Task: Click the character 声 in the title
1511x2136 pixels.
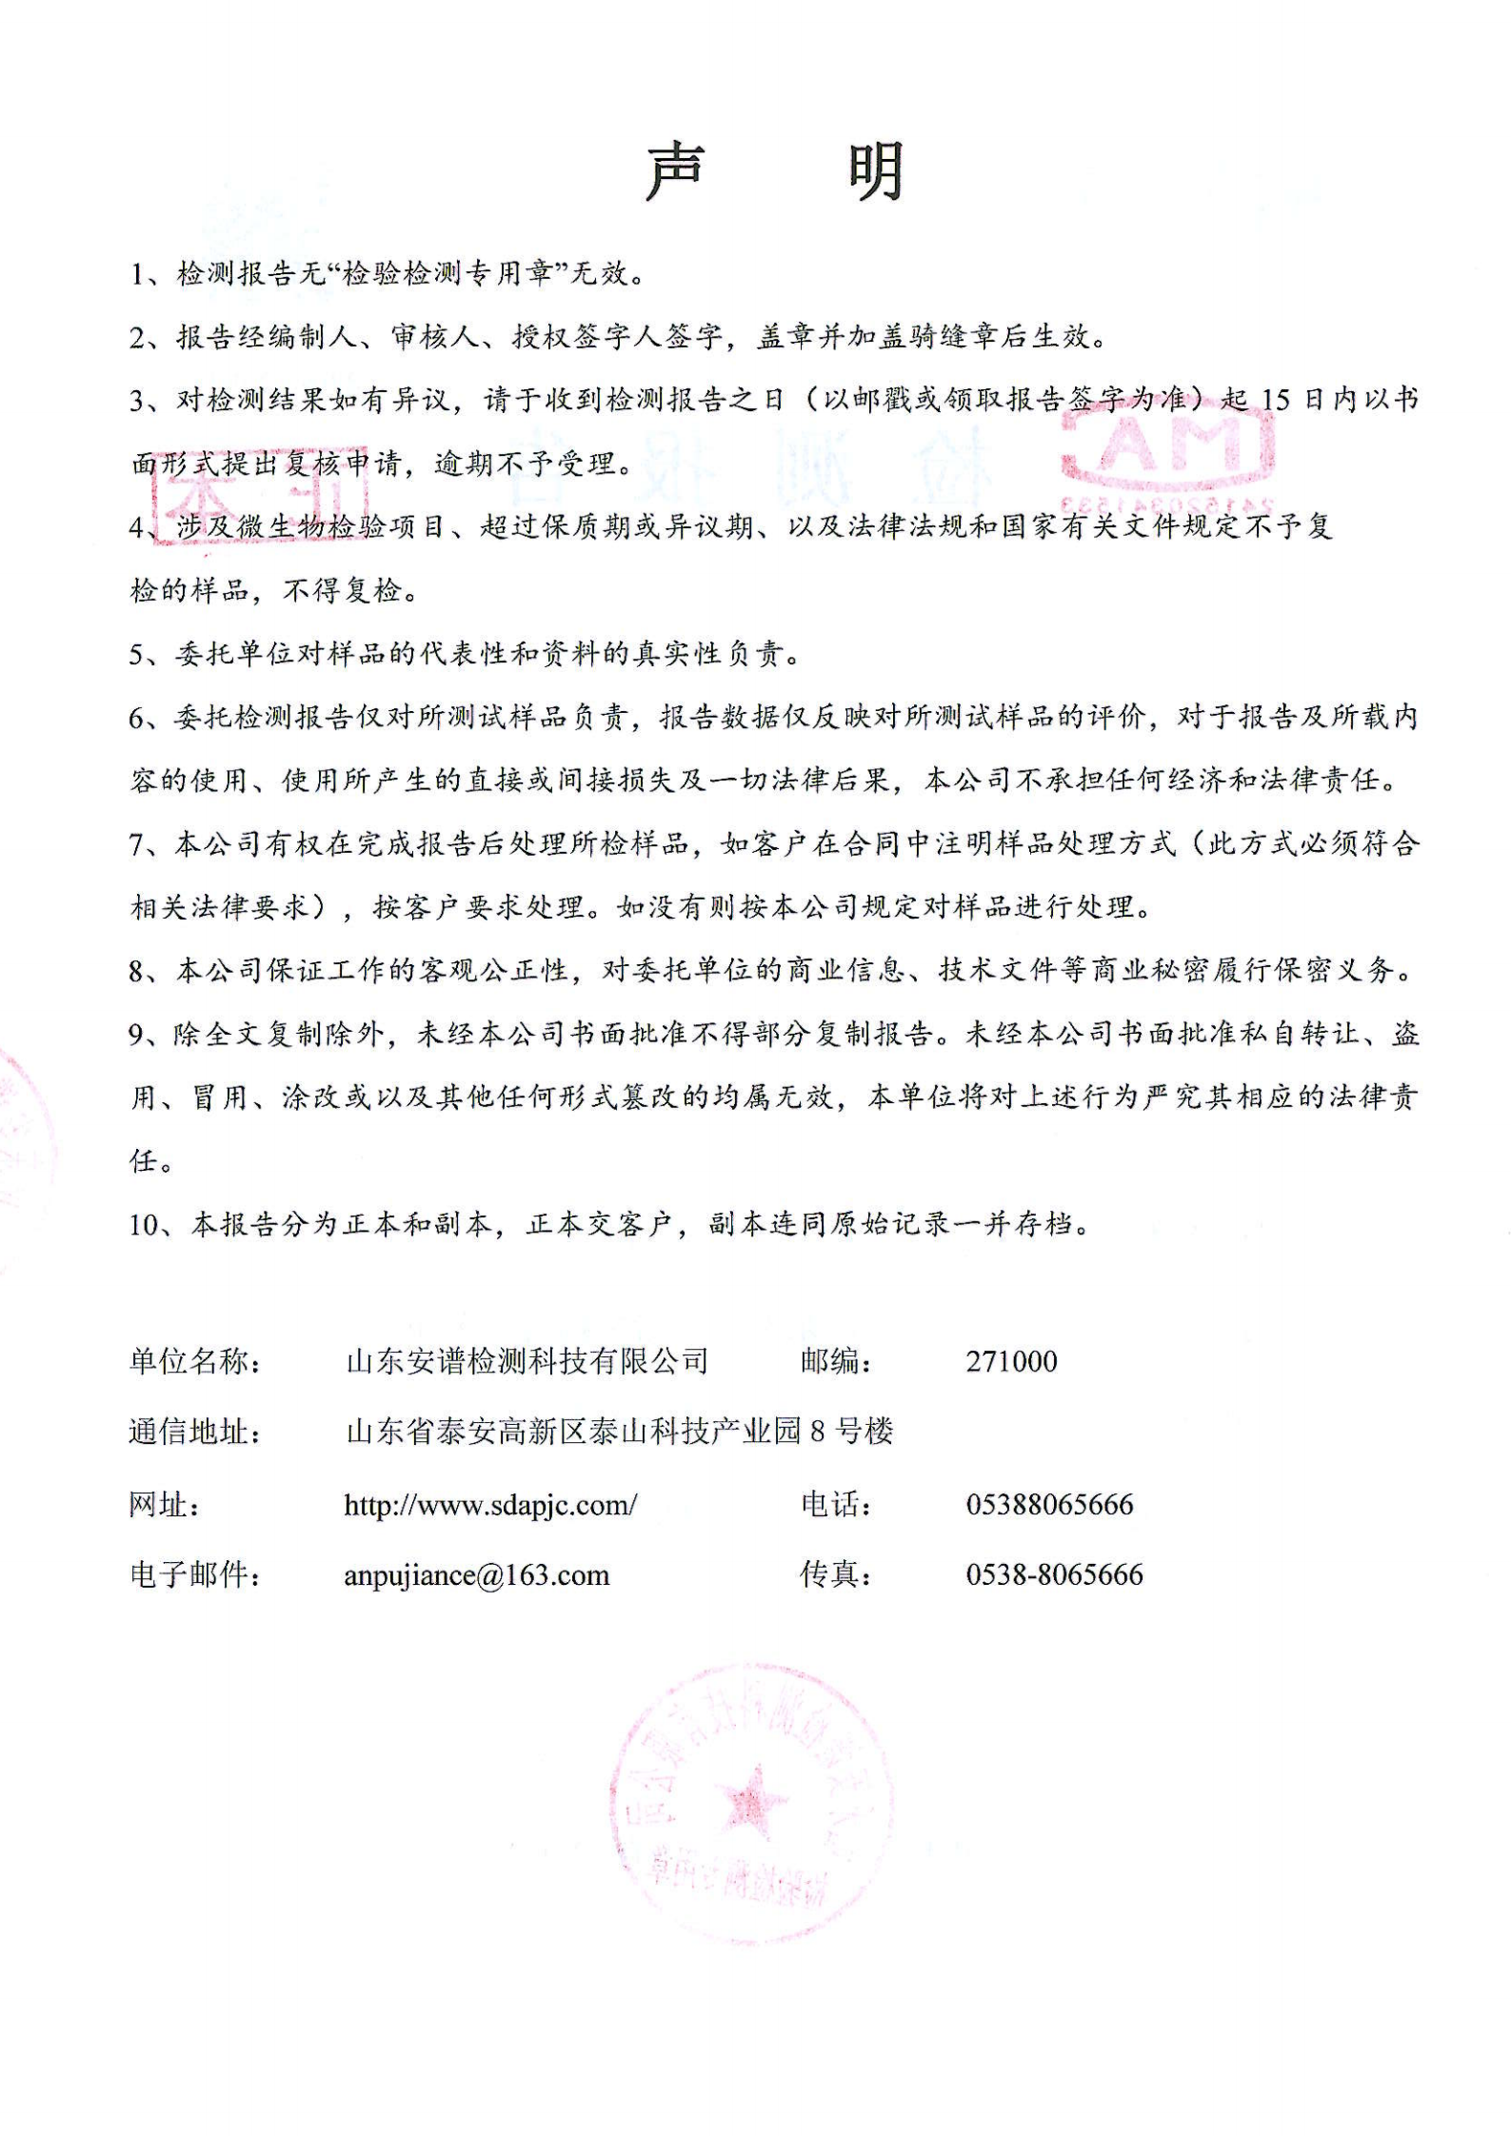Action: click(675, 173)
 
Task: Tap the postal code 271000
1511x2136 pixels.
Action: click(1011, 1361)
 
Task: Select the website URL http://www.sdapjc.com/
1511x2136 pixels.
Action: click(490, 1505)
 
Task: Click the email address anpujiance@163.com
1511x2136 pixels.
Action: click(476, 1575)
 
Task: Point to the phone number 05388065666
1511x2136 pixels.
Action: click(1049, 1505)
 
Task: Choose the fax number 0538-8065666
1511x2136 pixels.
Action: click(1054, 1575)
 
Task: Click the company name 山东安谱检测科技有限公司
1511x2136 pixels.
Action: click(527, 1361)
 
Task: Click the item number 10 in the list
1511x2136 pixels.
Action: click(147, 1225)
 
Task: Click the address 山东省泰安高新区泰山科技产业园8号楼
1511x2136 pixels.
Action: click(620, 1432)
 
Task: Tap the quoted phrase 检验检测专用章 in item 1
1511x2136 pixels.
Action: click(447, 274)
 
